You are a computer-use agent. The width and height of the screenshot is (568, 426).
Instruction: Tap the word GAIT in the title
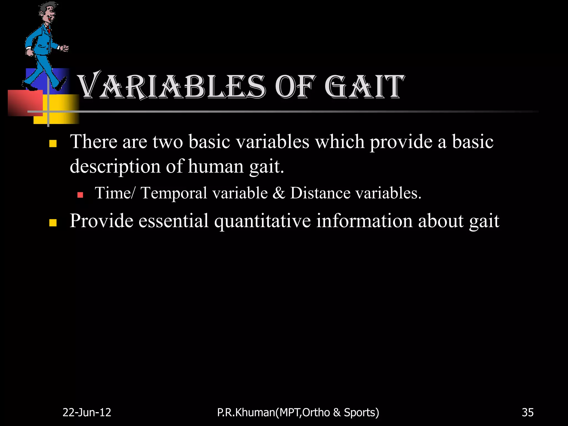point(364,87)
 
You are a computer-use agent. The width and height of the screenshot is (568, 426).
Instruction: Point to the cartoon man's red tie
point(49,29)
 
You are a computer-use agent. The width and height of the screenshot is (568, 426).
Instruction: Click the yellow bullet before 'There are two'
point(53,143)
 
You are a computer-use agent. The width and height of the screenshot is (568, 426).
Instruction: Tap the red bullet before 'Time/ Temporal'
point(80,195)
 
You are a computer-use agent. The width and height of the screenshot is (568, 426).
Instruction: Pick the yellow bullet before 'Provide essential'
point(53,222)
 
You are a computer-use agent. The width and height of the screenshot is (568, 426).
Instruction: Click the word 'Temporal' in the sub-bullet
point(174,193)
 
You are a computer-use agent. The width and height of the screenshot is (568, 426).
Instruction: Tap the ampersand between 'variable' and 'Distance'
point(279,193)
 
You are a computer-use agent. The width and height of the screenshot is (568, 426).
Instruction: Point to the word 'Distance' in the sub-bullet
point(320,193)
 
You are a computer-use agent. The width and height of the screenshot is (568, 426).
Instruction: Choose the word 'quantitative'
point(262,221)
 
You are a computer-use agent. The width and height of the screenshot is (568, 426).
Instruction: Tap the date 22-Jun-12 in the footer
point(87,412)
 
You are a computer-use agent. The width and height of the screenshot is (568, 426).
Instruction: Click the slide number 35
point(528,412)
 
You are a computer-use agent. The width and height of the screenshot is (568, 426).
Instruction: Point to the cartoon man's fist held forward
point(65,49)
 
